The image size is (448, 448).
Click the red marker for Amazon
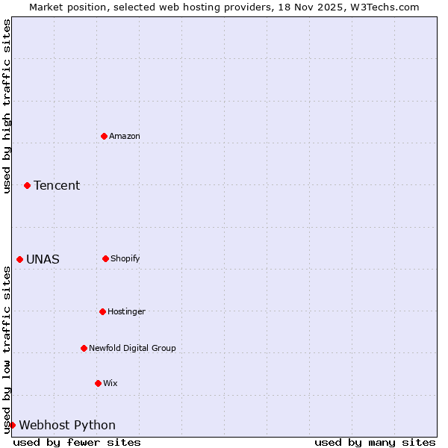click(x=105, y=136)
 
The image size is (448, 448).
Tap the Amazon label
click(x=125, y=136)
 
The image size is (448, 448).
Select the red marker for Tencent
click(x=27, y=185)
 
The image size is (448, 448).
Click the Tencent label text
click(x=57, y=185)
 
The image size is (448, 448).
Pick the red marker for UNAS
click(x=19, y=259)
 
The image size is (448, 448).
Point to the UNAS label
click(x=43, y=260)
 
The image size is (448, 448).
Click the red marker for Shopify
click(x=105, y=258)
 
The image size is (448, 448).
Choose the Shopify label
click(x=125, y=258)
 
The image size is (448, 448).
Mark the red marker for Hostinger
click(x=102, y=311)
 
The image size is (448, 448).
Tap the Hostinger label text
click(x=126, y=311)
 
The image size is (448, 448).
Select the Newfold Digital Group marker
click(x=84, y=348)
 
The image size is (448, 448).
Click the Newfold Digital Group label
click(x=132, y=348)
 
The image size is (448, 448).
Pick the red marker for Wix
click(x=98, y=383)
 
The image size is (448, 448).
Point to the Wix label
click(x=111, y=383)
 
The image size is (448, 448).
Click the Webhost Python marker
click(x=12, y=425)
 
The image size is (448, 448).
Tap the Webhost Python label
click(x=67, y=426)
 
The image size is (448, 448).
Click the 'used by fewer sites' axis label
click(x=77, y=442)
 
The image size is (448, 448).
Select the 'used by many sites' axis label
click(x=375, y=442)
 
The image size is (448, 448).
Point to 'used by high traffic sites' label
click(x=7, y=106)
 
